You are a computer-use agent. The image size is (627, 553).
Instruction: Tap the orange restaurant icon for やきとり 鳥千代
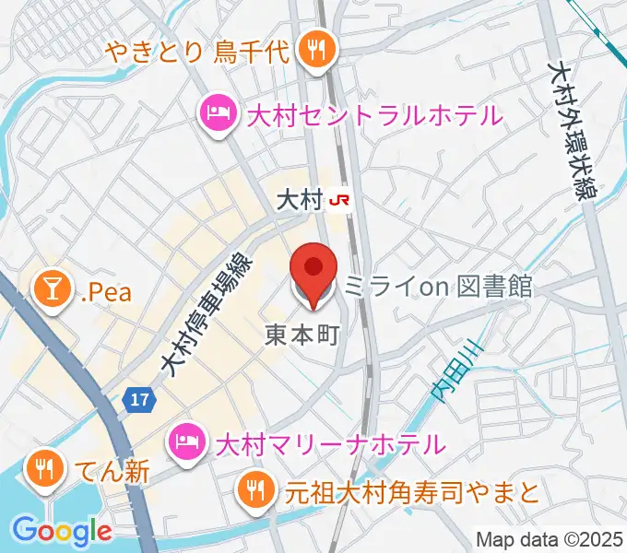coord(318,49)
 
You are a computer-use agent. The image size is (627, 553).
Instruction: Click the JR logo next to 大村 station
coord(341,199)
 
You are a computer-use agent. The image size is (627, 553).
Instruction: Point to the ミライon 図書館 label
coord(437,287)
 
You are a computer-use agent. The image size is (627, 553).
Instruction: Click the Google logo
coord(62,531)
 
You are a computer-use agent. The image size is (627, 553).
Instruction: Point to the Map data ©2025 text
coord(549,538)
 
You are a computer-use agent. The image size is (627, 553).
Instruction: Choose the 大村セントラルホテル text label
coord(373,116)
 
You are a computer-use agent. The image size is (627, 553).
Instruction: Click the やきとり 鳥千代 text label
coord(199,49)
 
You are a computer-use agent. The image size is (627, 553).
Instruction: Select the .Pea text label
coord(105,293)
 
